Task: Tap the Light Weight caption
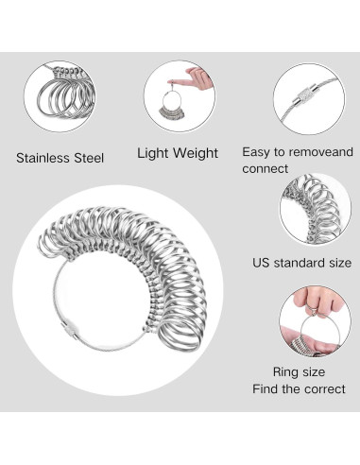coord(178,153)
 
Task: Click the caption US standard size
coord(299,262)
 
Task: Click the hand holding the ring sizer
coord(198,76)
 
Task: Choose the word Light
coord(153,153)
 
